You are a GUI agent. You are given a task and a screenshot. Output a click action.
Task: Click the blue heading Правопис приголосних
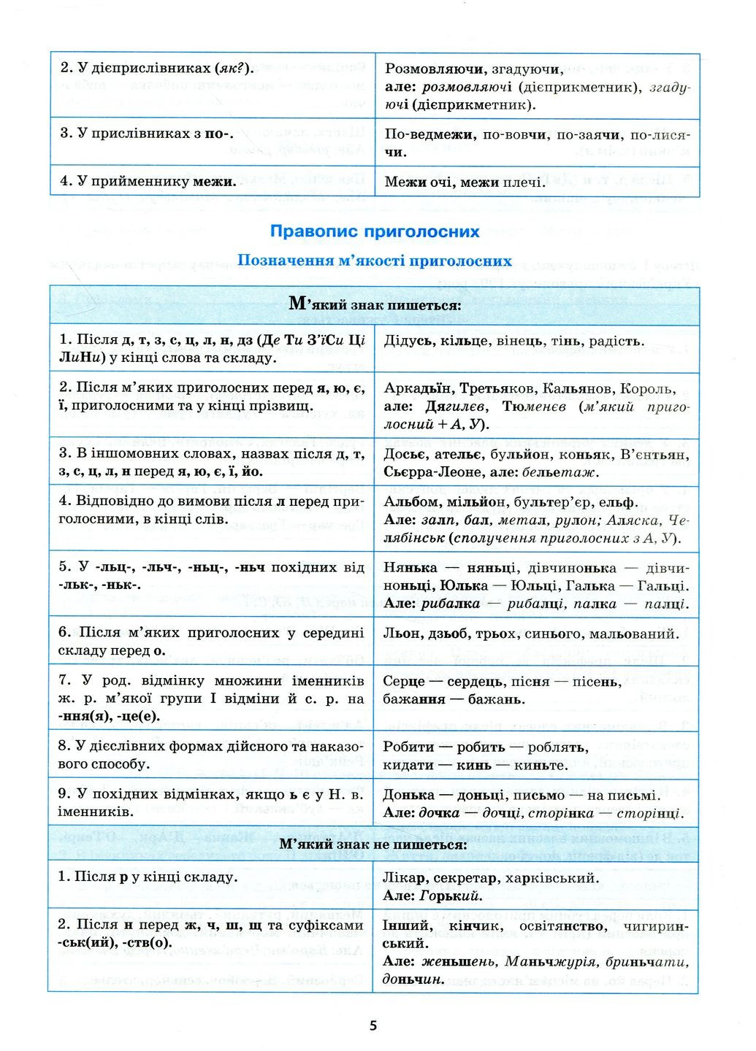pyautogui.click(x=375, y=231)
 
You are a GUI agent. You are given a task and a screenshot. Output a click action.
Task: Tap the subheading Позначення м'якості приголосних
pyautogui.click(x=375, y=261)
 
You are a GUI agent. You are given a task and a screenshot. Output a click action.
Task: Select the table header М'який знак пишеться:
pyautogui.click(x=375, y=304)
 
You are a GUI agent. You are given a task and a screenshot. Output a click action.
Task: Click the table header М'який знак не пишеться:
pyautogui.click(x=374, y=844)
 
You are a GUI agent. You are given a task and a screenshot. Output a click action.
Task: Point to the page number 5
pyautogui.click(x=373, y=1025)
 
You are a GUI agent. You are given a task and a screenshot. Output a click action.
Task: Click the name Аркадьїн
pyautogui.click(x=417, y=388)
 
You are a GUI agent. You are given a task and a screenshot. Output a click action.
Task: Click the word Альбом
pyautogui.click(x=411, y=502)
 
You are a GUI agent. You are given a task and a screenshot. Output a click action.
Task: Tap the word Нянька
pyautogui.click(x=411, y=568)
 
